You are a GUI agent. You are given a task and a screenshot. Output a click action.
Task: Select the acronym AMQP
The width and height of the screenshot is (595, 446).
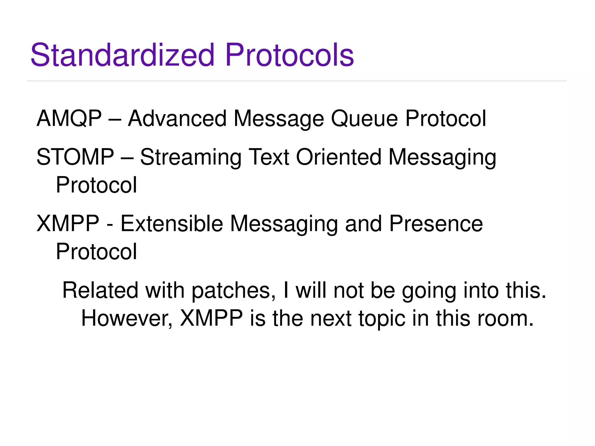pyautogui.click(x=69, y=119)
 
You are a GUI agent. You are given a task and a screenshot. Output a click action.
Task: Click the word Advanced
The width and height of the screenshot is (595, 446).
pyautogui.click(x=177, y=119)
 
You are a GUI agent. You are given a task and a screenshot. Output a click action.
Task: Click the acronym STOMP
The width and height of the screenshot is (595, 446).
pyautogui.click(x=75, y=157)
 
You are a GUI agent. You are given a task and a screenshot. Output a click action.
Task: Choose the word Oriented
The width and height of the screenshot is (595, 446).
pyautogui.click(x=338, y=157)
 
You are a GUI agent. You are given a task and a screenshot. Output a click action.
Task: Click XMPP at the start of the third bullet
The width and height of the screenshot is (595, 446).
pyautogui.click(x=68, y=223)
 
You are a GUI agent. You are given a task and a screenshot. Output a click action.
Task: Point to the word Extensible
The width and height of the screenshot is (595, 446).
pyautogui.click(x=172, y=223)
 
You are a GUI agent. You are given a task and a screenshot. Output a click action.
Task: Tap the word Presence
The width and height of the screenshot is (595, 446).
pyautogui.click(x=436, y=223)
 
